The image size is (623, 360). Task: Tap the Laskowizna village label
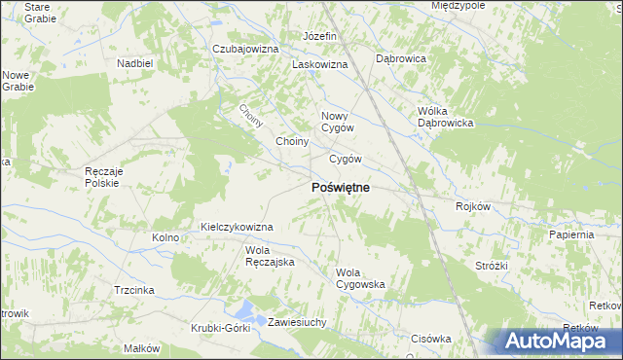point(320,64)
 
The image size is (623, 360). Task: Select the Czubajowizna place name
point(245,49)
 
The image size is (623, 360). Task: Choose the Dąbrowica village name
point(401,58)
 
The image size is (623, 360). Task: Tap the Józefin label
point(319,36)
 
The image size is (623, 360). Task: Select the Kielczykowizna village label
point(237,227)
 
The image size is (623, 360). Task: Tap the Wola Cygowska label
point(360,278)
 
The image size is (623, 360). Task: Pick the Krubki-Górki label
point(221,328)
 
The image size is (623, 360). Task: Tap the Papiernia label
point(571,234)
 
